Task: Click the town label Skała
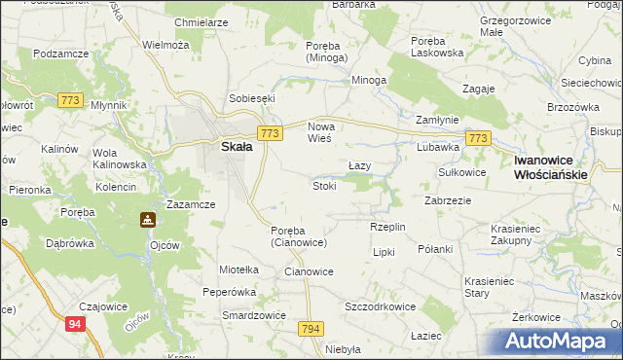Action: tap(238, 147)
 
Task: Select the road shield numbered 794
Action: tap(311, 329)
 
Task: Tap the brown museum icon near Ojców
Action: tap(148, 220)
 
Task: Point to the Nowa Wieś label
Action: tap(320, 133)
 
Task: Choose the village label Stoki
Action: tap(324, 185)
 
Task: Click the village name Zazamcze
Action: tap(191, 204)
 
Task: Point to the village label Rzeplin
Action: tap(387, 227)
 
